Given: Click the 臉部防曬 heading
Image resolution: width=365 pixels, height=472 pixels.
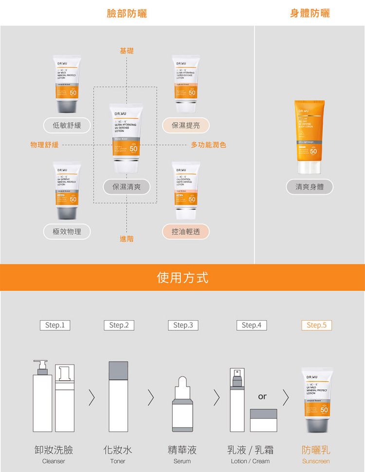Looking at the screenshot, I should [x=127, y=13].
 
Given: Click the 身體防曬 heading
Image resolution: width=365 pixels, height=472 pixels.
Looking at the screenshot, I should [x=310, y=13].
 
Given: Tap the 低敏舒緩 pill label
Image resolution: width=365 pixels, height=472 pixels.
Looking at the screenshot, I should [x=67, y=126].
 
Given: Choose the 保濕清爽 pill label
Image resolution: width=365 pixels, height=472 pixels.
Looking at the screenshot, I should [x=126, y=186].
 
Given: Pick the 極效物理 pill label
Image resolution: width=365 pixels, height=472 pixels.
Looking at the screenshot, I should [x=67, y=232].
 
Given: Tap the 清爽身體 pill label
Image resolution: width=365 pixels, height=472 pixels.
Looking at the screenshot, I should [x=310, y=186].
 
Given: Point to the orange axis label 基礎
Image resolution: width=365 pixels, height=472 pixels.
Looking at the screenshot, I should [x=127, y=51].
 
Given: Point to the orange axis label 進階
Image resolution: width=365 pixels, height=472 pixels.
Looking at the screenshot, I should [x=127, y=239].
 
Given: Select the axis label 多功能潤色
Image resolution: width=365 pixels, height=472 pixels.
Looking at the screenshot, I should [x=208, y=145].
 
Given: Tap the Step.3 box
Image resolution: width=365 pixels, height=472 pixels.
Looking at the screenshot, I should [x=182, y=325].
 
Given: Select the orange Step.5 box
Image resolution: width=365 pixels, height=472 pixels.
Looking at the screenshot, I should [x=316, y=325].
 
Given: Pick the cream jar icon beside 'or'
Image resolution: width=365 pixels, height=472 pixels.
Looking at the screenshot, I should [x=263, y=420].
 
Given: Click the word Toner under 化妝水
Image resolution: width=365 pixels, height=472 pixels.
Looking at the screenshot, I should [x=118, y=461].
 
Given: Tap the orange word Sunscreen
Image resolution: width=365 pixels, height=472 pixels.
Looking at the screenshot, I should [x=316, y=461].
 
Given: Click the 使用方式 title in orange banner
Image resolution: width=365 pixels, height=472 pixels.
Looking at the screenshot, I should [x=182, y=278].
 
